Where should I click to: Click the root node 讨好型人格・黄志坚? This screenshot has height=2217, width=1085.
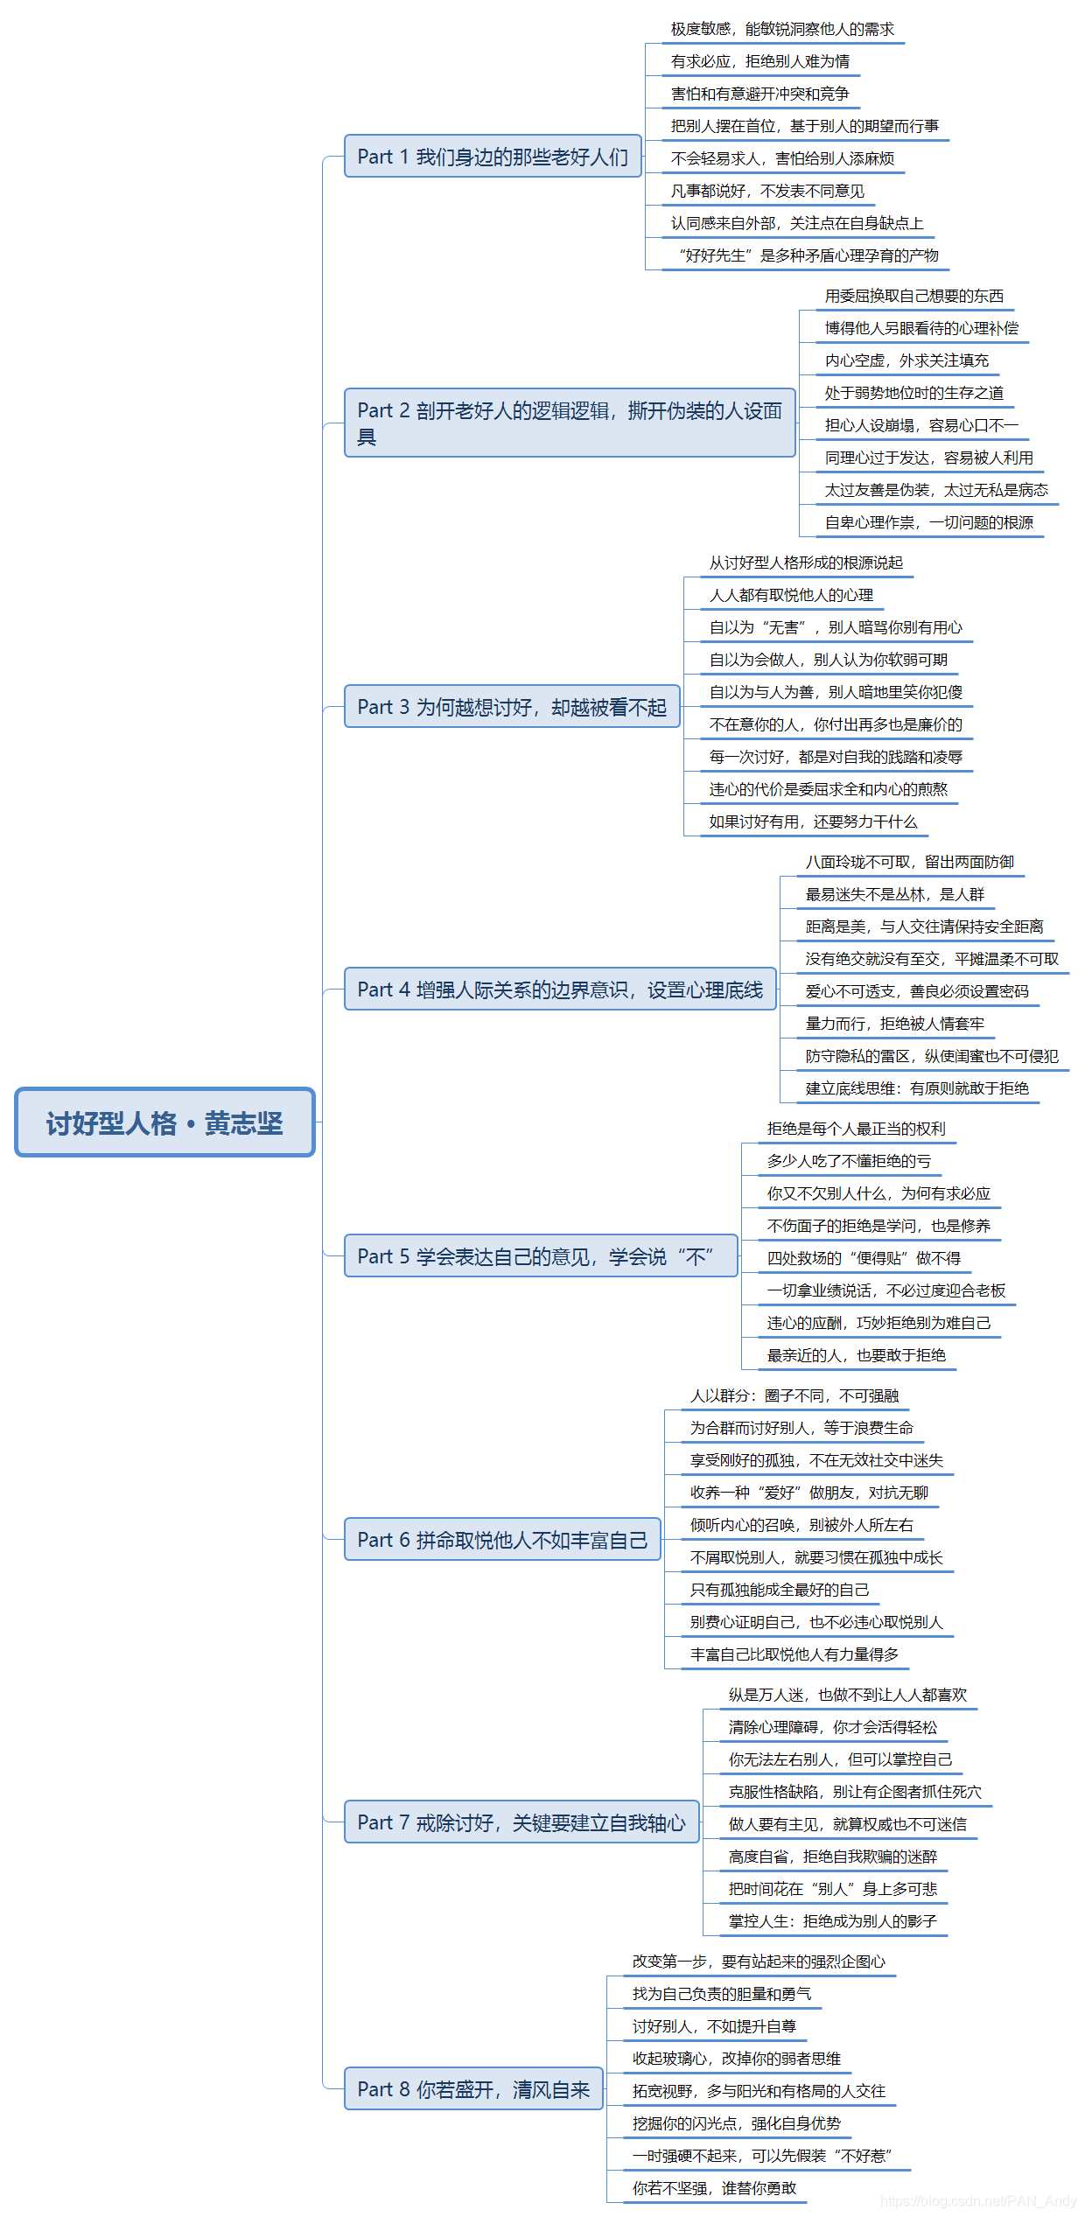(x=164, y=1122)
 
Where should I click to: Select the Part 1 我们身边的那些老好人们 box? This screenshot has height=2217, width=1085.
(x=493, y=157)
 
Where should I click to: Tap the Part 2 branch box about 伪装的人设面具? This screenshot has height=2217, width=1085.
(x=570, y=423)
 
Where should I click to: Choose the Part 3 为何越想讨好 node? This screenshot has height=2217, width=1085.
(x=512, y=707)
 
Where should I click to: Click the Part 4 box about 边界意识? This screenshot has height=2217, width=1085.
(x=560, y=990)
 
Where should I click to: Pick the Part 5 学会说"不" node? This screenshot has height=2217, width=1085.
(x=541, y=1256)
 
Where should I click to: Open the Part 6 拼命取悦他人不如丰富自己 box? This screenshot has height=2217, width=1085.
(x=502, y=1540)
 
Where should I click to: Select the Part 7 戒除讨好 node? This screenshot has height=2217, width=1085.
(x=521, y=1822)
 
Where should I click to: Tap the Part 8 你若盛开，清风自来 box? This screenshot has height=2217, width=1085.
(x=473, y=2089)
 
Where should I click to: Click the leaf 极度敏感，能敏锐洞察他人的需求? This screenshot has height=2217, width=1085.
(x=782, y=29)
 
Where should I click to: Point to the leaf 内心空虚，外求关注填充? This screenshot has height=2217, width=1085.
(x=906, y=360)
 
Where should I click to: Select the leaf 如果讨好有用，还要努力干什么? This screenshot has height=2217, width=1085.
(x=813, y=822)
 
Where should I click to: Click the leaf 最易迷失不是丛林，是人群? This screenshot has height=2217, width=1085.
(x=895, y=894)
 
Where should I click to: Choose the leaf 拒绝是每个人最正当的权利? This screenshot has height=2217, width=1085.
(x=856, y=1129)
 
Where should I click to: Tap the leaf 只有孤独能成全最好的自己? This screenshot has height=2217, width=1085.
(x=780, y=1590)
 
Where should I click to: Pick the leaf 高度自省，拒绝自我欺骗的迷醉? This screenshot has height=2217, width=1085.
(x=832, y=1857)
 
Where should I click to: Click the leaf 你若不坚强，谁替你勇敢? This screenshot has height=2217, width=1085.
(x=714, y=2188)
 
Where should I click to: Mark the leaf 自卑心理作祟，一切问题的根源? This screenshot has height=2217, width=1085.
(x=928, y=522)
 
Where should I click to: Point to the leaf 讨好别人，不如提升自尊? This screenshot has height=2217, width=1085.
(x=714, y=2026)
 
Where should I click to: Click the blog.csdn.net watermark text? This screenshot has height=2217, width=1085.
(x=978, y=2200)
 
